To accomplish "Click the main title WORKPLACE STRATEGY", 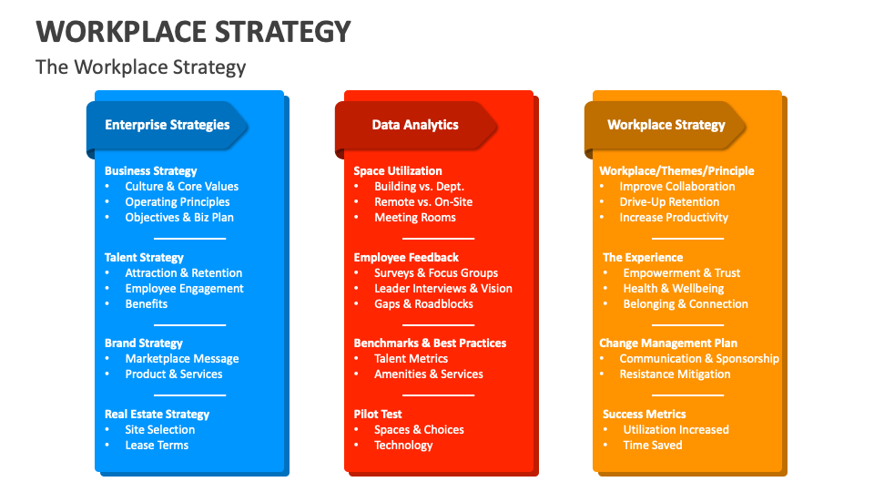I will tap(193, 31).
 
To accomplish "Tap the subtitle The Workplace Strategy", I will tap(140, 67).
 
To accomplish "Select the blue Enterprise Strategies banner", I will tap(167, 125).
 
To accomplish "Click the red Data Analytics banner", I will tap(415, 125).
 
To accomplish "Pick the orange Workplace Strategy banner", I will tap(666, 125).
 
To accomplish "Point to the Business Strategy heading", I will tap(150, 170).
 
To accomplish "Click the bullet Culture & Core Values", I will tap(181, 186).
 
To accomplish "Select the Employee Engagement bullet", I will tap(184, 288).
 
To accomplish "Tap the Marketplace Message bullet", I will tap(181, 358).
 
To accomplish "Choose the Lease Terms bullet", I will tap(157, 445).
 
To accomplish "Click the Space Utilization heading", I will tap(398, 170).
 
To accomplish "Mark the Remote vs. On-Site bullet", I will tap(423, 201).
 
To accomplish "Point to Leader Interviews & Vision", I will tap(442, 288).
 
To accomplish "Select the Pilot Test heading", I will tap(378, 414).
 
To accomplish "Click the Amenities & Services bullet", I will tap(428, 374).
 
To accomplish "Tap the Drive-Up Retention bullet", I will tap(669, 201).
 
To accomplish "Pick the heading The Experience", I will tap(642, 257).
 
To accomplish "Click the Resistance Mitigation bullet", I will tap(675, 374).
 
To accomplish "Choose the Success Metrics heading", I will tap(644, 414).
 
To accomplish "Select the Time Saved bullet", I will tap(652, 445).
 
